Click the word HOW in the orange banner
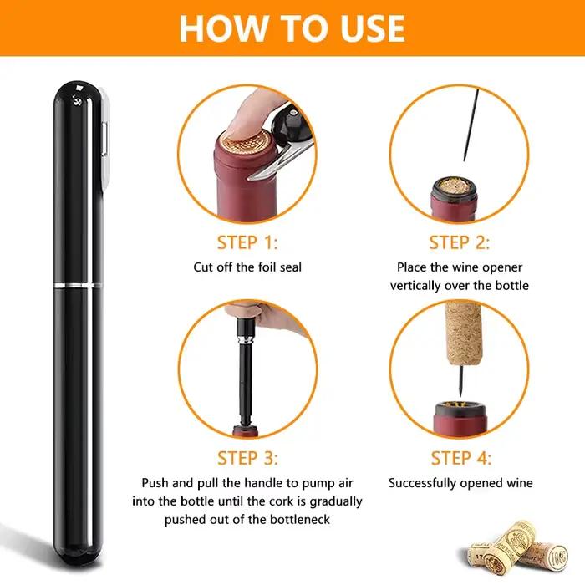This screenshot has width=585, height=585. coord(223,28)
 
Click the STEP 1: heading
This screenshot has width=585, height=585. coord(247,242)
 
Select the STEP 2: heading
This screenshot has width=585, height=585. coord(459,242)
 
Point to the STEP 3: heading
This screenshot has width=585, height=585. coord(247,458)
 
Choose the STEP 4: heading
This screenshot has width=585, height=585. coord(461,458)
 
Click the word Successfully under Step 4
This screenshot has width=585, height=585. coord(422,483)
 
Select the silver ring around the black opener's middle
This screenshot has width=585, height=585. coord(78,286)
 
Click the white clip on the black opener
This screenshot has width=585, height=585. coord(106,138)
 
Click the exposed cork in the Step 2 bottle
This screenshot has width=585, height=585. coord(454,186)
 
